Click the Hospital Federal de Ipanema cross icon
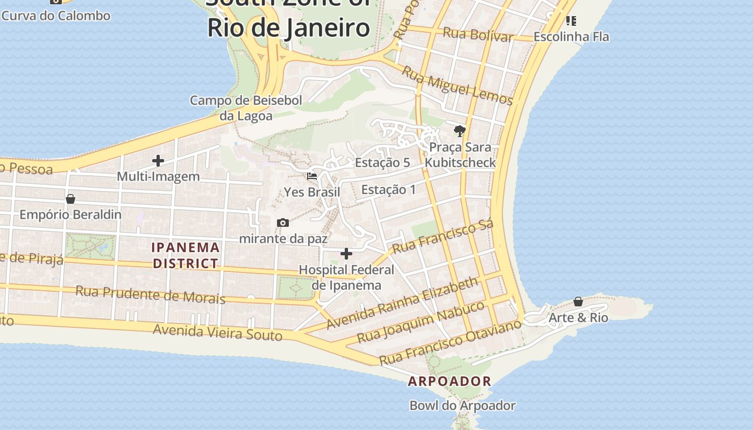[346, 253]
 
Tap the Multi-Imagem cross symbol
[158, 160]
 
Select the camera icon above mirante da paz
[282, 223]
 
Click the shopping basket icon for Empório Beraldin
[70, 199]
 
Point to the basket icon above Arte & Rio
[578, 302]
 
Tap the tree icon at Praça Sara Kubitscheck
[459, 131]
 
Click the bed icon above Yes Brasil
[311, 176]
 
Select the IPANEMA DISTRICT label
[186, 255]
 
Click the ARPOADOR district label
[450, 381]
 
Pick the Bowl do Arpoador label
[463, 405]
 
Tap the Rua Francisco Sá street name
[443, 237]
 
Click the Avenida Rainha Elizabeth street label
[402, 303]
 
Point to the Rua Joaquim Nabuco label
[421, 322]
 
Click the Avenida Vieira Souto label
[217, 332]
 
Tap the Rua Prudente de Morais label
[150, 294]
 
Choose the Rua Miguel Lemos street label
[457, 85]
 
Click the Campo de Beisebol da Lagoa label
[246, 108]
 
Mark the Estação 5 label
[382, 162]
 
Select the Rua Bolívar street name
[478, 34]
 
